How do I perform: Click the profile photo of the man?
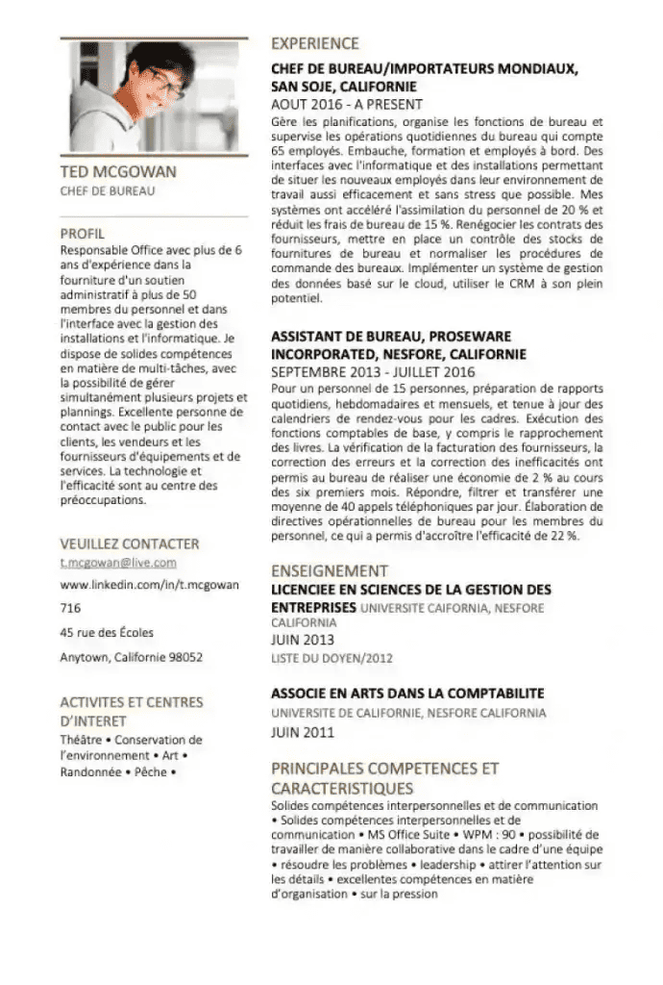click(154, 96)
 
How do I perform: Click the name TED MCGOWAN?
click(118, 172)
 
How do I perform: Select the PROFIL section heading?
click(83, 234)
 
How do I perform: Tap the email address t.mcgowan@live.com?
click(118, 563)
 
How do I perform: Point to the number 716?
click(70, 608)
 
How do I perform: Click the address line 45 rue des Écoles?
click(107, 633)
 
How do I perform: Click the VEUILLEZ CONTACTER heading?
click(130, 543)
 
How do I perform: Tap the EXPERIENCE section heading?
click(315, 43)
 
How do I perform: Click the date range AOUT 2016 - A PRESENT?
click(347, 104)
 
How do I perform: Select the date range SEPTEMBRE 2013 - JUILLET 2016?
click(373, 371)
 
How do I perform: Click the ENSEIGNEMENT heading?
click(330, 570)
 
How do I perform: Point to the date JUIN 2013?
click(303, 640)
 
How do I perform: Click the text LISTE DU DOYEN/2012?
click(332, 658)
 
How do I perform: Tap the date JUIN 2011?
click(303, 732)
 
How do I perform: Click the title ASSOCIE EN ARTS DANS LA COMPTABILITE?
click(407, 694)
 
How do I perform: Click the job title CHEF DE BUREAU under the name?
click(108, 190)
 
